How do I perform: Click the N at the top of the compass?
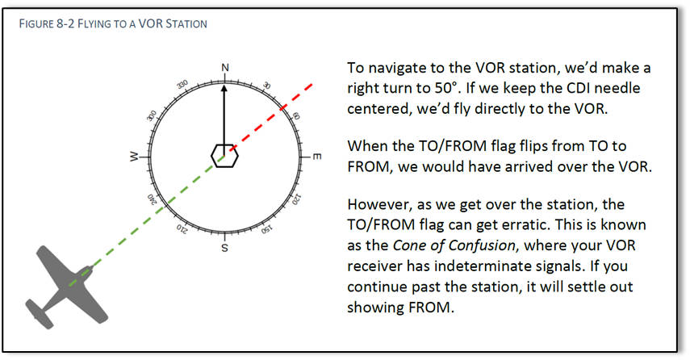click(225, 67)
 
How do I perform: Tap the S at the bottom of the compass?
click(225, 248)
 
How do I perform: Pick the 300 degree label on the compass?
click(151, 115)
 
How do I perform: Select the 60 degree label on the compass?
click(296, 115)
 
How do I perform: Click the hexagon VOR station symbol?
click(224, 155)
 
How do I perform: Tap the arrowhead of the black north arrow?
click(225, 86)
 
